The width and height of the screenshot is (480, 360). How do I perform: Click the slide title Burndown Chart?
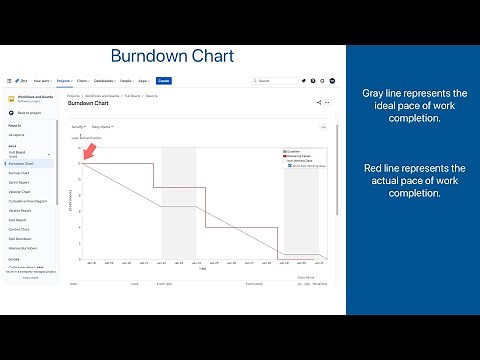coord(172,55)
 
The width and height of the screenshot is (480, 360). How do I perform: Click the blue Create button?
coord(164,80)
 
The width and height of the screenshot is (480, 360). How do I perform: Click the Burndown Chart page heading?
coord(89,103)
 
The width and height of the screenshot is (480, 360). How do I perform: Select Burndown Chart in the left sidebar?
coord(22,163)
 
